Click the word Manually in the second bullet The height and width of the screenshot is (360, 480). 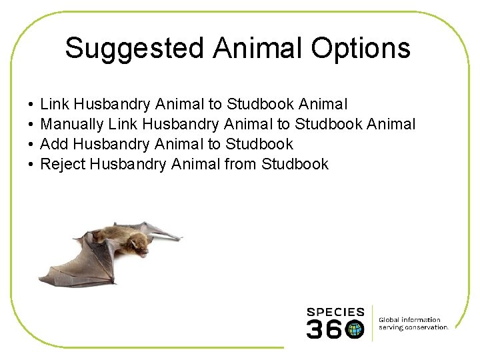click(x=71, y=124)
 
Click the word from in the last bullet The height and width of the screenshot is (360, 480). click(x=241, y=164)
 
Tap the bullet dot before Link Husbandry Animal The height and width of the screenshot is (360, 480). click(x=31, y=105)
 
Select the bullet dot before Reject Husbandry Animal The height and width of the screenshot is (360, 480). click(x=31, y=165)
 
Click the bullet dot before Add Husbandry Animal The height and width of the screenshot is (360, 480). click(x=31, y=145)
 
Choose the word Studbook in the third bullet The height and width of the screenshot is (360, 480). click(x=259, y=144)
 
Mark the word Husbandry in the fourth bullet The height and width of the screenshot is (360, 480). click(x=128, y=164)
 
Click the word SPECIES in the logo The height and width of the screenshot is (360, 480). click(x=335, y=312)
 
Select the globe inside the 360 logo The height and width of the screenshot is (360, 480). click(x=355, y=329)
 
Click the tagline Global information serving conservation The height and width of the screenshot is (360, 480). click(x=413, y=323)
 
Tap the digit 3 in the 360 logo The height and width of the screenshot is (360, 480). click(x=315, y=329)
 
